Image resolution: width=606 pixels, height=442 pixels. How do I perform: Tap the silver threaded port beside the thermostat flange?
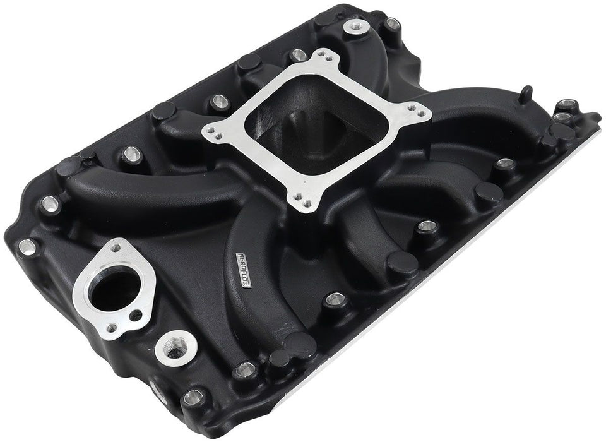pyautogui.click(x=170, y=345)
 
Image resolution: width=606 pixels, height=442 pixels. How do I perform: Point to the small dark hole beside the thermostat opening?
pyautogui.click(x=133, y=314)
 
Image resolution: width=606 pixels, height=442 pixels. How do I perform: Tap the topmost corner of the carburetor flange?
pyautogui.click(x=326, y=57)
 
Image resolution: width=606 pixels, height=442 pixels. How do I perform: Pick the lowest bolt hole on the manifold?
pyautogui.click(x=193, y=398)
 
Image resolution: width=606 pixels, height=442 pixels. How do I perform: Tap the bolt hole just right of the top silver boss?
pyautogui.click(x=393, y=25)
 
